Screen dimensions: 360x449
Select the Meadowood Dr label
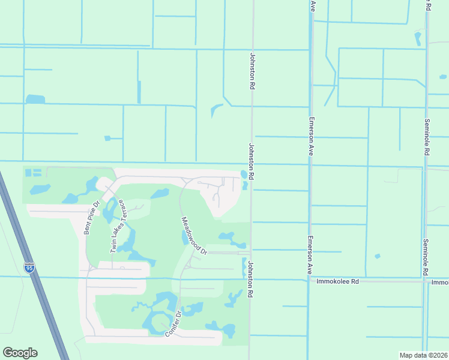click(194, 235)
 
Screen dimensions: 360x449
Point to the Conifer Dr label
click(174, 325)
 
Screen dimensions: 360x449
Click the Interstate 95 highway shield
click(30, 268)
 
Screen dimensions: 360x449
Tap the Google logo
click(20, 353)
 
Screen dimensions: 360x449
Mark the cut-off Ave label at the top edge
click(313, 5)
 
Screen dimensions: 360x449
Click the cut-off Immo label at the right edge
click(440, 281)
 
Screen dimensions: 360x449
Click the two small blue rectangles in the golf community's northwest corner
click(34, 173)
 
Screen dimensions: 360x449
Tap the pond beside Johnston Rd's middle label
click(244, 175)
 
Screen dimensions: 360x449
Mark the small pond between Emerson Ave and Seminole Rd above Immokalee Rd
click(378, 256)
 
